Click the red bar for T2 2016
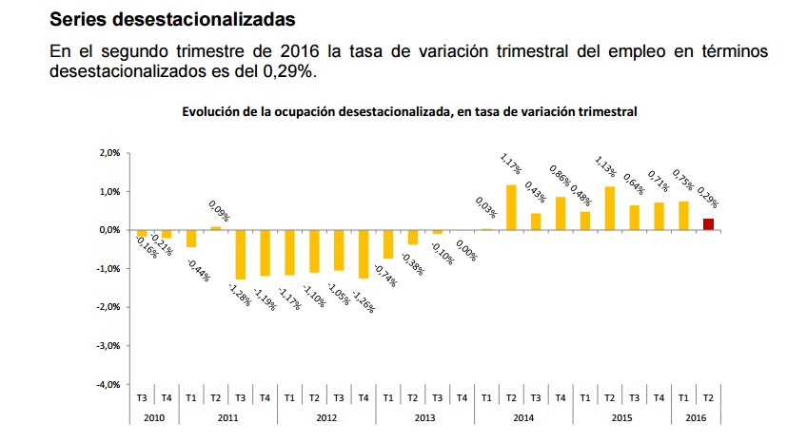point(709,224)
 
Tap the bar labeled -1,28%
point(240,255)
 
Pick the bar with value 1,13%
point(610,208)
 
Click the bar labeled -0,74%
point(387,244)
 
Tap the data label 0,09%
point(219,209)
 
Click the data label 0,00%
point(465,250)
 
